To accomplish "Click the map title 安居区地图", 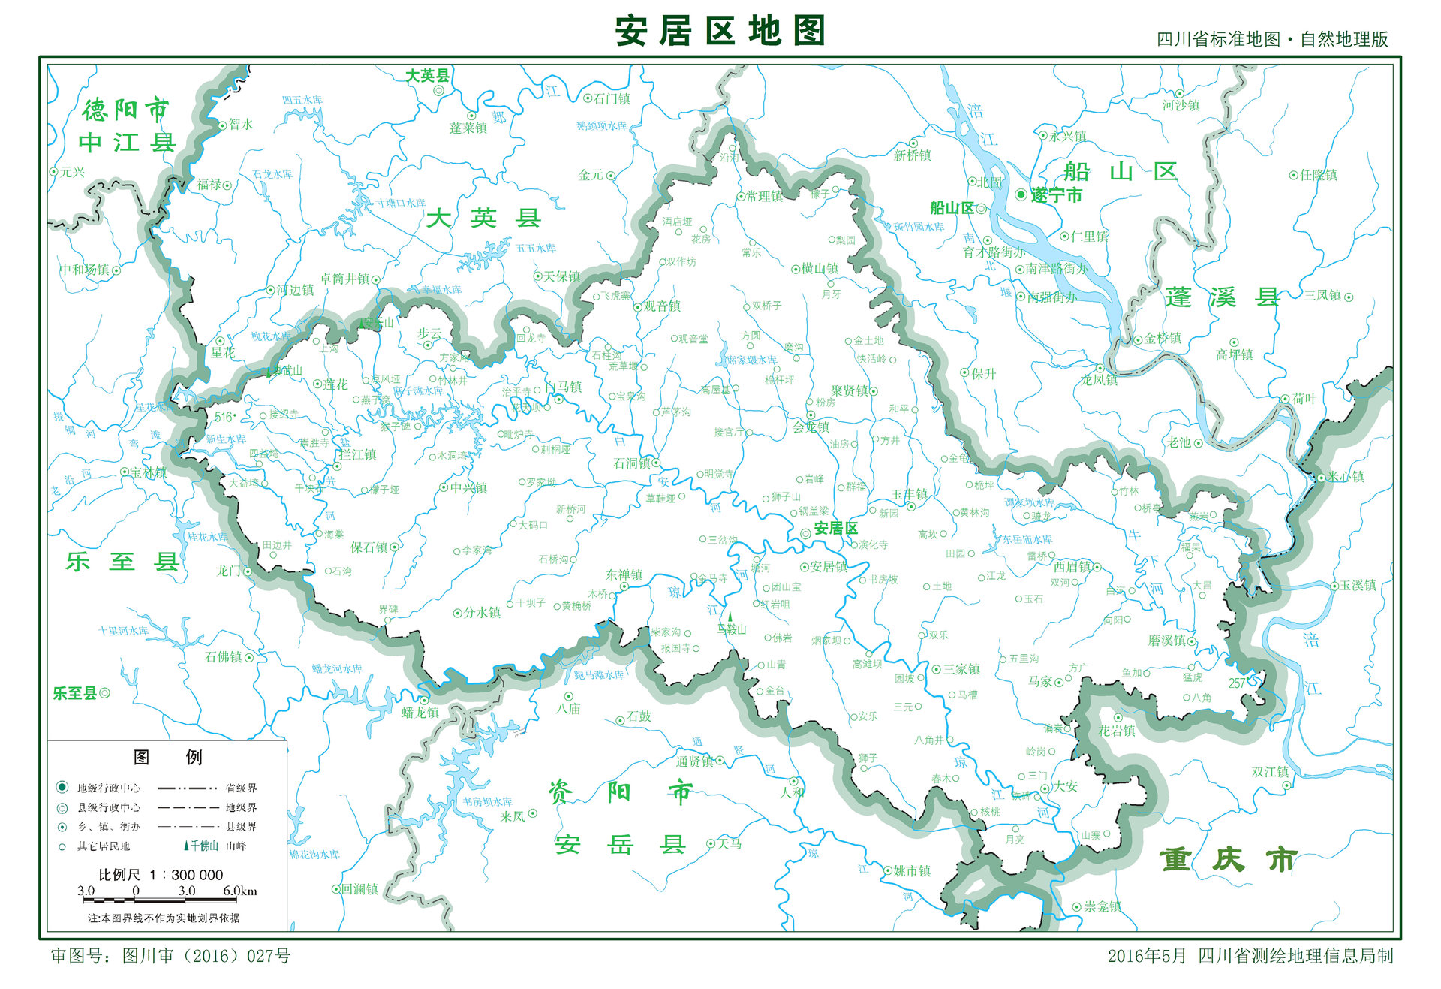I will (x=720, y=31).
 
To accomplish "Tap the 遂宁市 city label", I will (x=1056, y=195).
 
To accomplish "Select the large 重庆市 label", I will (x=1228, y=859).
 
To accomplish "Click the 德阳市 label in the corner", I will (x=126, y=110).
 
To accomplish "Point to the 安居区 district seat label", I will (x=835, y=529).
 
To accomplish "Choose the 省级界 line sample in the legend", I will (x=188, y=788).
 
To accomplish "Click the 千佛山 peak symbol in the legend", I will (x=187, y=846).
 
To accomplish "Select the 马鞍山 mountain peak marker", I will (x=730, y=617).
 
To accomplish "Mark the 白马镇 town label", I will (x=564, y=387).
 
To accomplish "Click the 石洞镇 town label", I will (x=632, y=463).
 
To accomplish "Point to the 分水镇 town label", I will (x=481, y=612).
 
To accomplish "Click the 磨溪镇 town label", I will (x=1167, y=641).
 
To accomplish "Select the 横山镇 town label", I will (x=820, y=268).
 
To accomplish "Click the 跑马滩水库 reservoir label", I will (x=599, y=675).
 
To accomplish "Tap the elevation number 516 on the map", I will (x=224, y=417).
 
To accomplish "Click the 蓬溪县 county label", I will (x=1222, y=298).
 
